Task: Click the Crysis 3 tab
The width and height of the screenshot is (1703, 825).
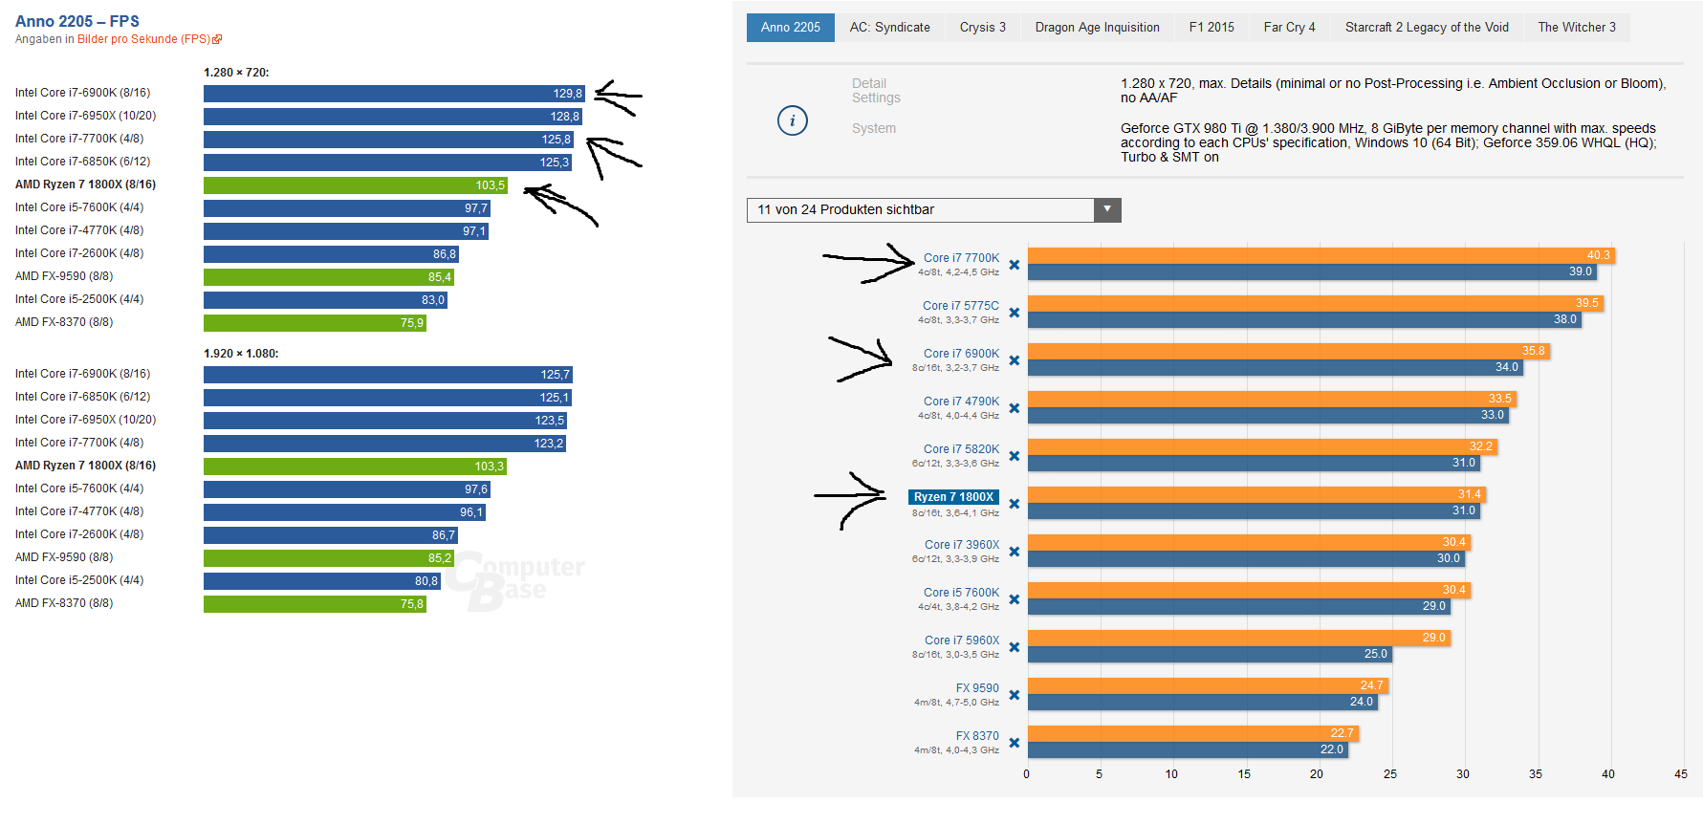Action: click(x=982, y=28)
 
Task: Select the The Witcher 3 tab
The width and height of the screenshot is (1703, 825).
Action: click(x=1576, y=28)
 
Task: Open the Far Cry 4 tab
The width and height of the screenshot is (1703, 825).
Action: click(x=1289, y=28)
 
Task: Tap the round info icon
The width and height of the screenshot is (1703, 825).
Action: click(x=793, y=120)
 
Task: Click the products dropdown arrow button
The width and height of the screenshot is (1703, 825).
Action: click(x=1107, y=209)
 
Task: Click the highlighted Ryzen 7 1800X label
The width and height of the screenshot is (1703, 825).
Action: click(x=953, y=497)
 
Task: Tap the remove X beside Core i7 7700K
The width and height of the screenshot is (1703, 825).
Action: click(x=1015, y=265)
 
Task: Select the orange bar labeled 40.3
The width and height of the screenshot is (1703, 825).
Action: click(x=1320, y=255)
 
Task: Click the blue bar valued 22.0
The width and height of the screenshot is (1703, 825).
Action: click(x=1186, y=749)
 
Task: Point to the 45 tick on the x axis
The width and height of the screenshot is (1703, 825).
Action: click(x=1681, y=774)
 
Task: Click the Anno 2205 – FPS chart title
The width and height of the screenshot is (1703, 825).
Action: click(x=77, y=21)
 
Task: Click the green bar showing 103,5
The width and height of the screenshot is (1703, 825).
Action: click(x=355, y=185)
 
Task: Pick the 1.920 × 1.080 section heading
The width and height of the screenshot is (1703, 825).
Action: click(x=241, y=354)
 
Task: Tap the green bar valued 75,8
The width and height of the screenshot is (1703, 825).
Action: click(x=315, y=604)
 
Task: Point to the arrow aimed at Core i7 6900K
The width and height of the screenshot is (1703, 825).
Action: click(x=861, y=358)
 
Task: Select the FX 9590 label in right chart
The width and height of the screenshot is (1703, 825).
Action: click(x=977, y=688)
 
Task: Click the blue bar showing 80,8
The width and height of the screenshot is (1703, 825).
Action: click(x=321, y=581)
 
